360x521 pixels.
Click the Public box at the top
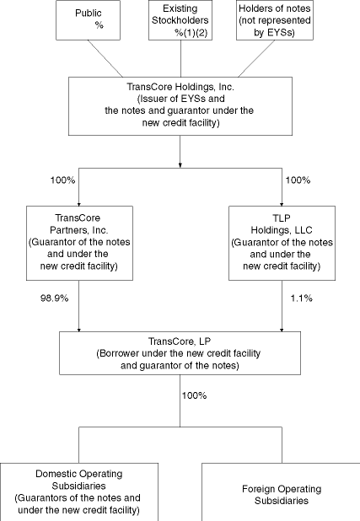[89, 20]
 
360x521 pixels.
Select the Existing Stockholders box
[180, 20]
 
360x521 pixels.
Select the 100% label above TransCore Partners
[41, 180]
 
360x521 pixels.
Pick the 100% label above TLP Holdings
[298, 180]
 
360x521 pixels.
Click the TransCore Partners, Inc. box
[78, 243]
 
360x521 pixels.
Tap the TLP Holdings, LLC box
[280, 243]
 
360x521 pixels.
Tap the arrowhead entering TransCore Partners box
[78, 202]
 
